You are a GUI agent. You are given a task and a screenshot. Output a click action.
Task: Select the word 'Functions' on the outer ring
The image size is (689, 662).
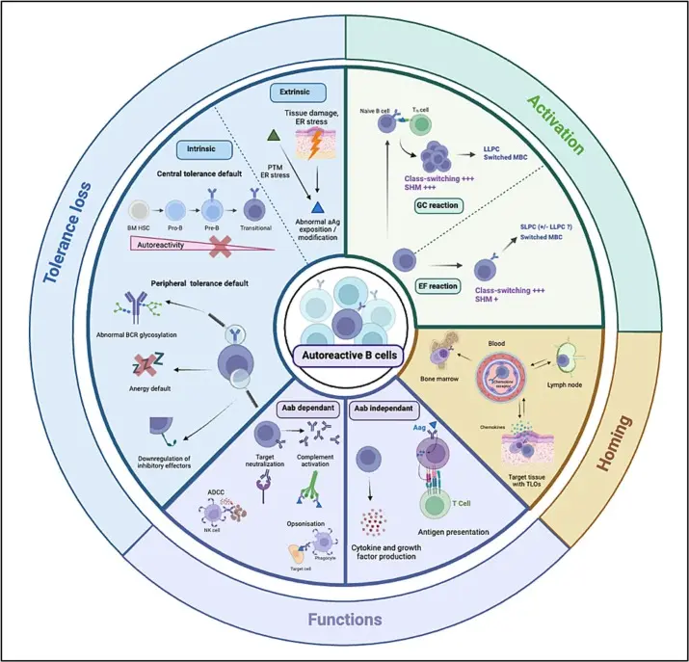click(x=344, y=619)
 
